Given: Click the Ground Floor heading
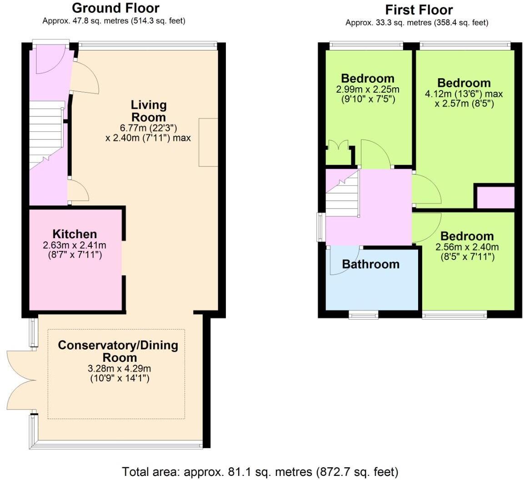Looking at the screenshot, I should [x=115, y=8].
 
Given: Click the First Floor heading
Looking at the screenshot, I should [x=419, y=10].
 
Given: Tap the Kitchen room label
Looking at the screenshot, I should [x=75, y=234].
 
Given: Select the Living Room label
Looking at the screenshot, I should [x=149, y=110].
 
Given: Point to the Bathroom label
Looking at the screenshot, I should [x=370, y=264].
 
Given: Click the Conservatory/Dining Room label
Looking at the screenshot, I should [x=118, y=350].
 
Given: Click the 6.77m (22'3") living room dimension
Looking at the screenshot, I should [x=148, y=128].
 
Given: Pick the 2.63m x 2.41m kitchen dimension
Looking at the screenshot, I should [x=75, y=245].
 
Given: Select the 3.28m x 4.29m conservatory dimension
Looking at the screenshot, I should [x=118, y=367].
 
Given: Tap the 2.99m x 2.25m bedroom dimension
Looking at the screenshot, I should [x=368, y=89].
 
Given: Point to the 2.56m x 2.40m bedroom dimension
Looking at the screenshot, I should [x=467, y=247].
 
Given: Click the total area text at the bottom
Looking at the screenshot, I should [x=260, y=471].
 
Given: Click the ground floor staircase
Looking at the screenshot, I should [x=45, y=136].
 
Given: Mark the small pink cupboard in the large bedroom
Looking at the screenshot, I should [x=494, y=197].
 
